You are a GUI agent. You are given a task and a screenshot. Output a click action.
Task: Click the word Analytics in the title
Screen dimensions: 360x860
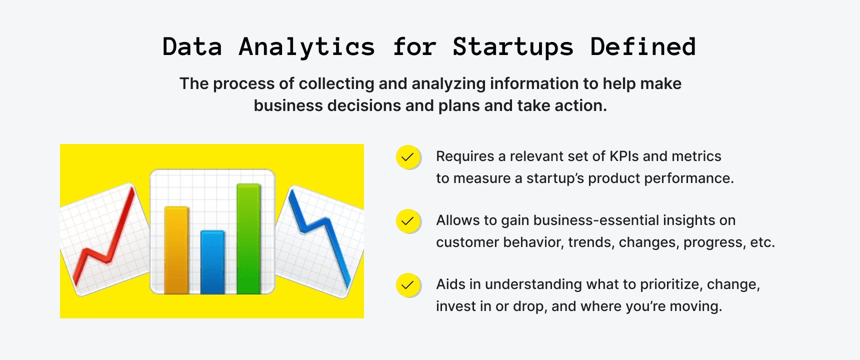tap(306, 47)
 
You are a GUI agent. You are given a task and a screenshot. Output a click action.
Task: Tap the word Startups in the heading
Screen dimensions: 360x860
tap(512, 47)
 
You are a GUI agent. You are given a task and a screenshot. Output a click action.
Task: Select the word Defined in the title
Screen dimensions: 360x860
tap(642, 47)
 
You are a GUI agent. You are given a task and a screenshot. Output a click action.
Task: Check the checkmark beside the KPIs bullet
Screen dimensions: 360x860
tap(408, 157)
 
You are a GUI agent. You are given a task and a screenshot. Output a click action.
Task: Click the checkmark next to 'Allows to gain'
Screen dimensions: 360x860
tap(408, 221)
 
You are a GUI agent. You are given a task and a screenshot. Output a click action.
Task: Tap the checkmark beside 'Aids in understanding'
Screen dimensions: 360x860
tap(408, 285)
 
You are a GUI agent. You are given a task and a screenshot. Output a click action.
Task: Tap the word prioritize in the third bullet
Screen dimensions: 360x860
tap(671, 284)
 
